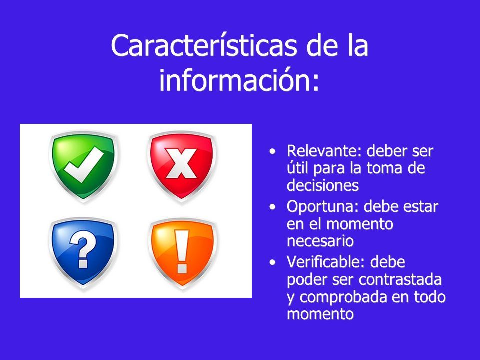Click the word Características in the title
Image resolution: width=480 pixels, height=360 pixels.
[x=204, y=45]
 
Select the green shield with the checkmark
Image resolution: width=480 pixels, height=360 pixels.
[x=83, y=166]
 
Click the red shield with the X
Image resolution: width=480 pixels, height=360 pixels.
[x=182, y=166]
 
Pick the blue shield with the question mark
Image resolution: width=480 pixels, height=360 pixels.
[x=83, y=253]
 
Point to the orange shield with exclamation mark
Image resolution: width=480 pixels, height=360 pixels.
[x=182, y=253]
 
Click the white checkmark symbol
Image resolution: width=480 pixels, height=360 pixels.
[x=84, y=164]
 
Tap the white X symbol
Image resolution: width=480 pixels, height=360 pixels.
[x=181, y=163]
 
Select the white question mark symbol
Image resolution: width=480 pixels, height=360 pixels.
[x=83, y=249]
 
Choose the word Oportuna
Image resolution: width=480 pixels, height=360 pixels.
[x=320, y=207]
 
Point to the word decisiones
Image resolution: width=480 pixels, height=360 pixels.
[x=322, y=185]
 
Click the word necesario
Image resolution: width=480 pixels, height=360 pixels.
[x=320, y=241]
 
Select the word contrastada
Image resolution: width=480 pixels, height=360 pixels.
[x=400, y=280]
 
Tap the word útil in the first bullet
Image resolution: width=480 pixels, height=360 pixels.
[x=297, y=168]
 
